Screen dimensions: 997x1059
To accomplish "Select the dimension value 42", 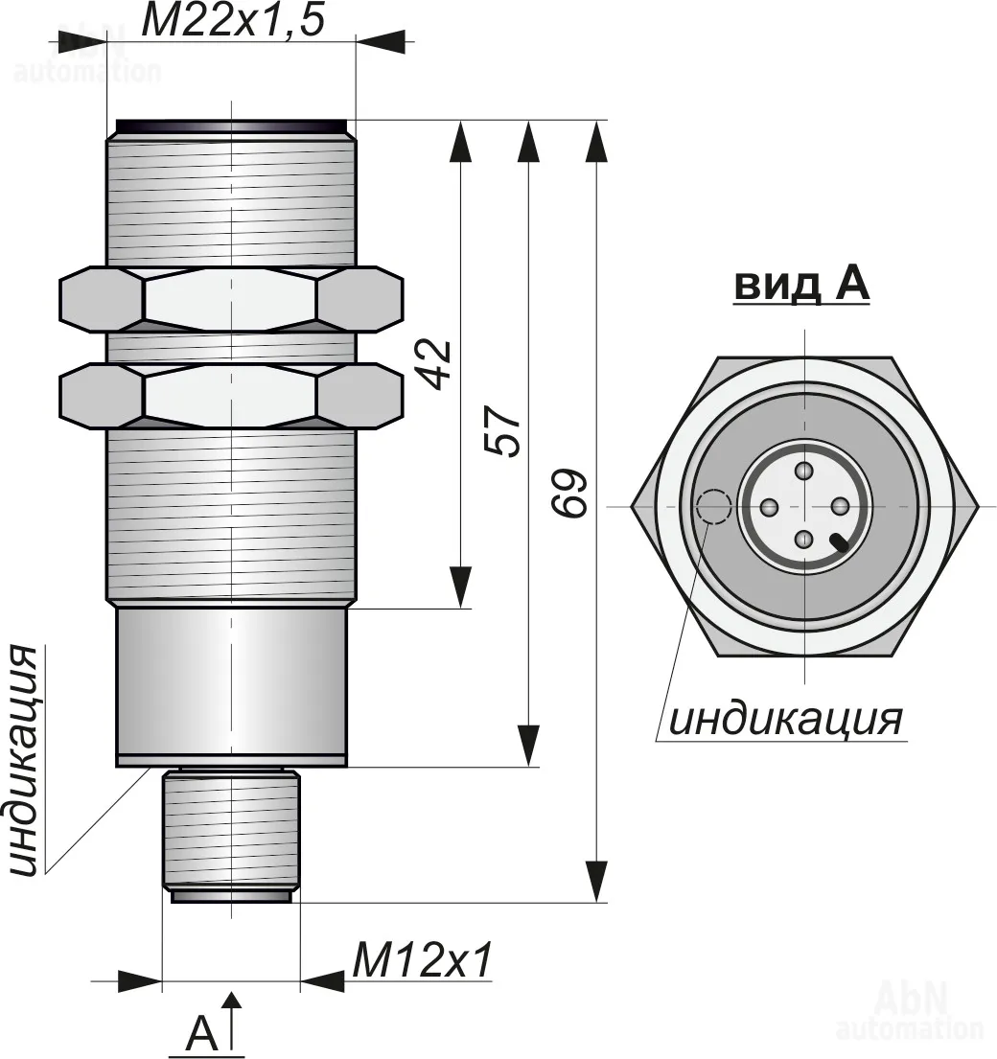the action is [x=435, y=364].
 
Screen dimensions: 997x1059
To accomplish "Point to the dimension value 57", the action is [x=503, y=431].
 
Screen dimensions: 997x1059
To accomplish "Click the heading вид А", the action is [x=801, y=285].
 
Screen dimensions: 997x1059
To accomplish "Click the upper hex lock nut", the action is [x=231, y=299].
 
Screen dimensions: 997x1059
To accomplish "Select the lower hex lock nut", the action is [x=231, y=396].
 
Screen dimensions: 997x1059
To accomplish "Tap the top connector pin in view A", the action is [x=803, y=471].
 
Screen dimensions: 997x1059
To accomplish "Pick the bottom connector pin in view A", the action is [x=803, y=540].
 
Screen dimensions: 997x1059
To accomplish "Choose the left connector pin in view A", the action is [x=770, y=506].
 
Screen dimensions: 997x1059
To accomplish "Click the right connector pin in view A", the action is [x=839, y=505].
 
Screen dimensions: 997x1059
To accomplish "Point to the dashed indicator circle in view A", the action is [x=714, y=506].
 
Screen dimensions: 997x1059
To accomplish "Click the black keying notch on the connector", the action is [x=842, y=542].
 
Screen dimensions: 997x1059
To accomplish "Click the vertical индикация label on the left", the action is [x=25, y=761].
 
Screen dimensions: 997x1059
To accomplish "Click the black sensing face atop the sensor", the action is [x=231, y=127].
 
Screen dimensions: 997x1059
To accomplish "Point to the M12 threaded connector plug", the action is [x=231, y=836].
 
